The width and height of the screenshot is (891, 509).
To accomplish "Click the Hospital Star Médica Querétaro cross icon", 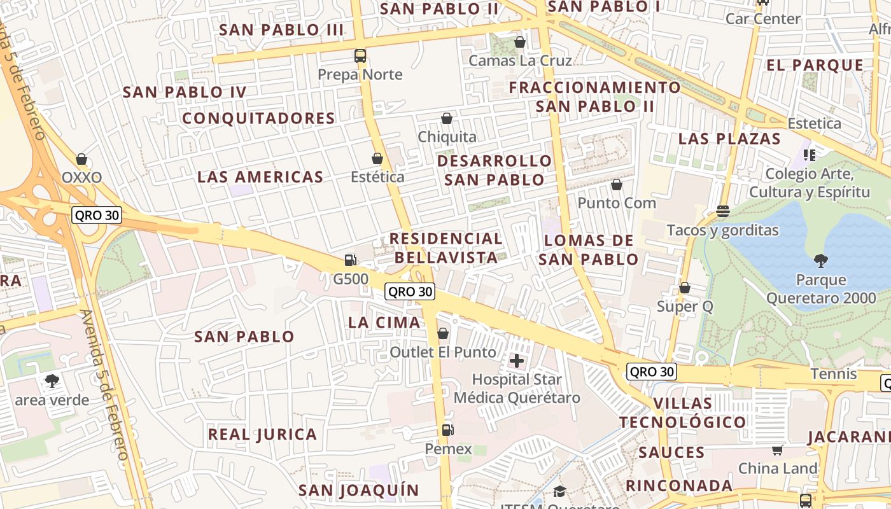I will coord(517,361).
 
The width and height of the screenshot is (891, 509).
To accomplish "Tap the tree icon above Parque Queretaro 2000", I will coord(821,260).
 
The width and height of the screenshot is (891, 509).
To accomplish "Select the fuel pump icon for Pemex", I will coord(448,430).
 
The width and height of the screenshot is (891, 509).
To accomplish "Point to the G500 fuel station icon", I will coord(350,260).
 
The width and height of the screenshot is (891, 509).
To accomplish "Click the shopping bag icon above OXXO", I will coord(81,158).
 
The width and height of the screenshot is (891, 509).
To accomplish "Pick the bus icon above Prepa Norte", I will coord(360,55).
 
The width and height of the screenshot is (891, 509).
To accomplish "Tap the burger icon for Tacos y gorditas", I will coord(722,211).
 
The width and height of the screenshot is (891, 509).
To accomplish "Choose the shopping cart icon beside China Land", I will coord(777,450).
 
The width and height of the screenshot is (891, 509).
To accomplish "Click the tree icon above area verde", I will coord(52,381).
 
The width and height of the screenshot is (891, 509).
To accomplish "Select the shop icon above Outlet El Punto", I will coord(443,333).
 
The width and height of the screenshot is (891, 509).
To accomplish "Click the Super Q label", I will coord(685,307).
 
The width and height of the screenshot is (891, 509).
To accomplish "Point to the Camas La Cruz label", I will coord(520,60).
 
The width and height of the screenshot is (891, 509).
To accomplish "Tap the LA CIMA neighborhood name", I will coord(384,323).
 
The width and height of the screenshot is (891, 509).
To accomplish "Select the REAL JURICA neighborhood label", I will coord(262,435).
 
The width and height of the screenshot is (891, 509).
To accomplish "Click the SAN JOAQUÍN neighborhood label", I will coord(359,491).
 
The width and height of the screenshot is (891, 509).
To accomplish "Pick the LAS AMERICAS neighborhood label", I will coord(260,177).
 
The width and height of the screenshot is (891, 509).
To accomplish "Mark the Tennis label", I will coord(834,373).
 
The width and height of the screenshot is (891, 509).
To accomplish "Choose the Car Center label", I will coord(762,18).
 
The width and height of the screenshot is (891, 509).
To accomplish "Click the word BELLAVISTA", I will coord(445,257).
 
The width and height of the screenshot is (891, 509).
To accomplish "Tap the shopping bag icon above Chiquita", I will coord(447,118).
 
